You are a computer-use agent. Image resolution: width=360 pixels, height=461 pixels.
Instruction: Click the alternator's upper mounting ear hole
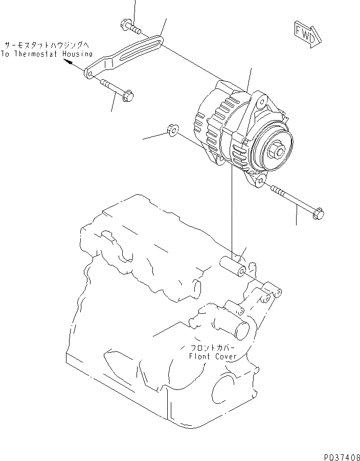point(263,101)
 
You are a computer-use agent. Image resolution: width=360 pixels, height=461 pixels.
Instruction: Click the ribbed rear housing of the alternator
point(215,123)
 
